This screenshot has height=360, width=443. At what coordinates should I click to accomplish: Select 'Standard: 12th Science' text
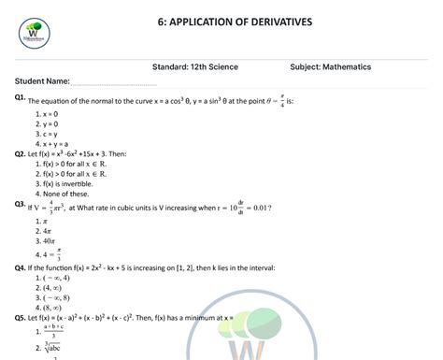pos(200,67)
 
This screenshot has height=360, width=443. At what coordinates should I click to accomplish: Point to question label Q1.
pos(20,97)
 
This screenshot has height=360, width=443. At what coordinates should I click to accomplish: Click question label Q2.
pos(20,152)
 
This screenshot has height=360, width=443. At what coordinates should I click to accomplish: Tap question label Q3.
pos(20,204)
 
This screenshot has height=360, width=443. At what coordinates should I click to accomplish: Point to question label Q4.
pos(20,266)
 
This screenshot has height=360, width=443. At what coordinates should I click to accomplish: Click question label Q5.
pos(20,318)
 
